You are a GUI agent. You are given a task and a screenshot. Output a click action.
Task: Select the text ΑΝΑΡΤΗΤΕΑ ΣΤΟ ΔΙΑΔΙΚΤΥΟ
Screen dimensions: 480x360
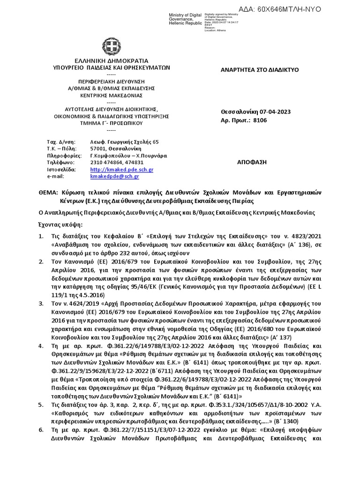coord(259,70)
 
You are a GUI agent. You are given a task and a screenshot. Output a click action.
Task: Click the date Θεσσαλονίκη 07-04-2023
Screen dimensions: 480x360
coord(255,112)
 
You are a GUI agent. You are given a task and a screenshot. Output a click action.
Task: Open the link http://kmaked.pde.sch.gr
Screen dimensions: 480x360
coord(121,169)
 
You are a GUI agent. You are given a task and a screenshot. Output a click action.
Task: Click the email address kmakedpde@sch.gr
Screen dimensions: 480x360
coord(114,176)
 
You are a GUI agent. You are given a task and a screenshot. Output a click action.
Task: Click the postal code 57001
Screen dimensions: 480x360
coord(97,149)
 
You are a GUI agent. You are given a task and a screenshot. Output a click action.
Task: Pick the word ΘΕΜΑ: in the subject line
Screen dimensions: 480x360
coord(47,192)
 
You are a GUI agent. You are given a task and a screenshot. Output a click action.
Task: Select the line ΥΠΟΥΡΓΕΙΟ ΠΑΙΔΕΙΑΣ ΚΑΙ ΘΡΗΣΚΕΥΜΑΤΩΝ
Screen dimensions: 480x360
coord(111,67)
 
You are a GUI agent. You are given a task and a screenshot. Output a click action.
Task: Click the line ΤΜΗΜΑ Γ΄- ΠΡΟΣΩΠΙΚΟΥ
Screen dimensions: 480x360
coord(111,123)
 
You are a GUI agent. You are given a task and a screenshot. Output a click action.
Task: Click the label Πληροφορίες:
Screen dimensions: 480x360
coord(64,156)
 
